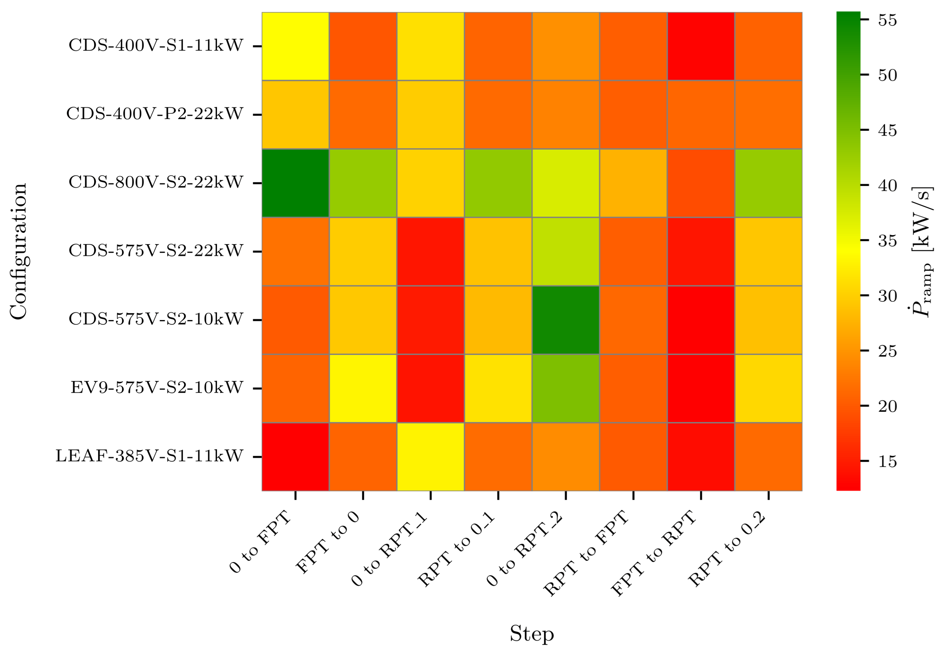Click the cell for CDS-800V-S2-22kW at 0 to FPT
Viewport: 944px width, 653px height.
pos(295,183)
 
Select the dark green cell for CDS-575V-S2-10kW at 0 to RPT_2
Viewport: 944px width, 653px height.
pos(565,320)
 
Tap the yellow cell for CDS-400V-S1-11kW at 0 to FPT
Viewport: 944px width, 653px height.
pos(295,46)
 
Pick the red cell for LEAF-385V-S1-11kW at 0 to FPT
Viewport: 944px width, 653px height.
pos(295,456)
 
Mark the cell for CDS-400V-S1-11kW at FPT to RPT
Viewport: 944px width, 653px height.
pos(701,46)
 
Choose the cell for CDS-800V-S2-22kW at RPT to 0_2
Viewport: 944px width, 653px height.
pos(768,183)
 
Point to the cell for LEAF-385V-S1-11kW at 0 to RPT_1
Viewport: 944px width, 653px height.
pos(430,456)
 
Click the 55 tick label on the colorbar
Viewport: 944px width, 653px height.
pos(887,20)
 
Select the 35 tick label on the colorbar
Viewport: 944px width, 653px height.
pos(887,241)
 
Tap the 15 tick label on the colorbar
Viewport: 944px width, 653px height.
pos(887,461)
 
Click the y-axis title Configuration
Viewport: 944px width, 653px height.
pos(18,251)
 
